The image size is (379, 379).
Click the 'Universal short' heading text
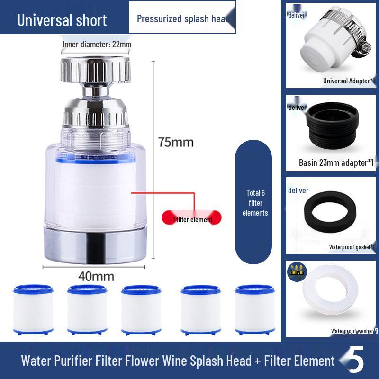(x=62, y=20)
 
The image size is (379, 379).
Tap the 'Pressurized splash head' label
(x=183, y=19)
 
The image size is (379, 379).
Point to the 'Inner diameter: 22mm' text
(x=97, y=45)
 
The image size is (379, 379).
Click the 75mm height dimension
(x=176, y=142)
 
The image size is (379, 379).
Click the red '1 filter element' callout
(x=192, y=219)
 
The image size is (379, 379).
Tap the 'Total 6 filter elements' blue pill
(x=255, y=203)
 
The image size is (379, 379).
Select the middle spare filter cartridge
(x=141, y=309)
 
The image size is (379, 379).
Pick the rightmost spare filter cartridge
(x=254, y=309)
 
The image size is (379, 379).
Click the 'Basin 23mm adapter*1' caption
(x=336, y=162)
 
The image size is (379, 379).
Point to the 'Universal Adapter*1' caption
(x=349, y=81)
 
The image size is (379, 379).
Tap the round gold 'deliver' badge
(x=297, y=273)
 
